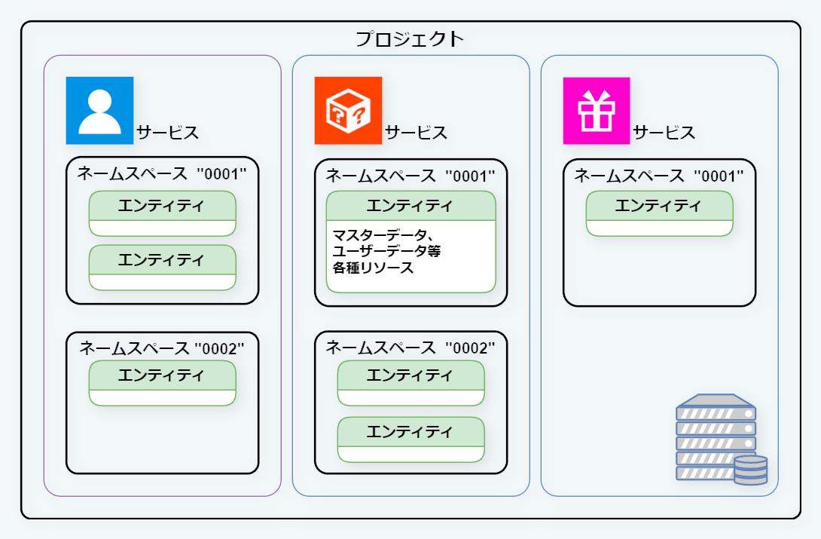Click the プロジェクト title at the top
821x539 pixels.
(410, 39)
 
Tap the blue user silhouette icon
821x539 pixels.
(99, 110)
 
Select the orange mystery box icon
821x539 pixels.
(348, 110)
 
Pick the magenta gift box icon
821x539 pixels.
(596, 110)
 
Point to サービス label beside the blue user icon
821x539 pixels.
(167, 133)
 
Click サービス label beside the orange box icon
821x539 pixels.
(416, 133)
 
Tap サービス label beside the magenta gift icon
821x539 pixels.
(664, 133)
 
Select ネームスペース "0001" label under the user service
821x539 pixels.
(162, 173)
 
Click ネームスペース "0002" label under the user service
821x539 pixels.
(162, 348)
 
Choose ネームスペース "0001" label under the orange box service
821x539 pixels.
(410, 176)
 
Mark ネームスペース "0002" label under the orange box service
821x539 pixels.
(410, 348)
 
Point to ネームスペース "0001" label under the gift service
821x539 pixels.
(659, 176)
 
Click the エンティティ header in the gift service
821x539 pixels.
(659, 205)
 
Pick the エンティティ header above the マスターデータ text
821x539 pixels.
(410, 206)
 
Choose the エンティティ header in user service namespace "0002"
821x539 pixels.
(162, 375)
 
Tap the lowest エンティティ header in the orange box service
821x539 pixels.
(410, 431)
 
